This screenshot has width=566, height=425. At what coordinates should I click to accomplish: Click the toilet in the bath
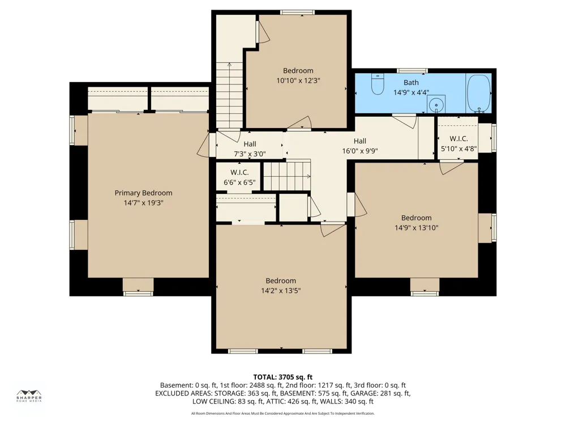pyautogui.click(x=378, y=84)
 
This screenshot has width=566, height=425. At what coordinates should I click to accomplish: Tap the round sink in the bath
pyautogui.click(x=436, y=105)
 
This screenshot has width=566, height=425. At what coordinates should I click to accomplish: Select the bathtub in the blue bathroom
pyautogui.click(x=479, y=93)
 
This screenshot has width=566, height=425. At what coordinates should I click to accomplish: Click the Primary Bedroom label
pyautogui.click(x=143, y=193)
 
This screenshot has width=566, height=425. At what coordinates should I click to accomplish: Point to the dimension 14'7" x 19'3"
pyautogui.click(x=143, y=203)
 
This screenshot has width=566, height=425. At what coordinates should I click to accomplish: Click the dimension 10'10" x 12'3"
pyautogui.click(x=298, y=80)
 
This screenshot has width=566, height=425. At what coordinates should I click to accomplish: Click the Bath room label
pyautogui.click(x=411, y=83)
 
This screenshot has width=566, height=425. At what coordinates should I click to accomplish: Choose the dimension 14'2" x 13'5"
pyautogui.click(x=281, y=291)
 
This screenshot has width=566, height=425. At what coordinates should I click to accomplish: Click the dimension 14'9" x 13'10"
pyautogui.click(x=416, y=228)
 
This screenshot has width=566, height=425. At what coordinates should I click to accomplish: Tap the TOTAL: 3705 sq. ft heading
pyautogui.click(x=282, y=377)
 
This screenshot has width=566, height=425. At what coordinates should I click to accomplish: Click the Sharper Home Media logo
pyautogui.click(x=29, y=396)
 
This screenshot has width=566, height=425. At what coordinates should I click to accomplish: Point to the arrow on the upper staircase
pyautogui.click(x=229, y=96)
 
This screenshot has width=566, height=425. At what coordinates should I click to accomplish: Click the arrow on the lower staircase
pyautogui.click(x=288, y=177)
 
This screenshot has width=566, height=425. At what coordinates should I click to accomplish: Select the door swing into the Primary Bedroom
pyautogui.click(x=203, y=145)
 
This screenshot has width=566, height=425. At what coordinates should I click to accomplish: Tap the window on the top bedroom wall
pyautogui.click(x=298, y=12)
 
